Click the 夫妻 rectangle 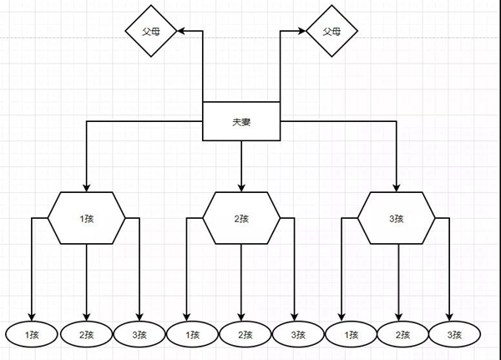241,122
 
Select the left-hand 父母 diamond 153,31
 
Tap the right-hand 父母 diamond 331,31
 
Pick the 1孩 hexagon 87,218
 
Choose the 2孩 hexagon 241,218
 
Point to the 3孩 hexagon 397,218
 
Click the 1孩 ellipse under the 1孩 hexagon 32,334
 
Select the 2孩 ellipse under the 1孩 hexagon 87,334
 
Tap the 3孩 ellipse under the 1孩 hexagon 140,334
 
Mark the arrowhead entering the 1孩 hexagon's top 87,187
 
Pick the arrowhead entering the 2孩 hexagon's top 241,187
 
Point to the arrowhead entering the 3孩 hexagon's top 397,187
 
